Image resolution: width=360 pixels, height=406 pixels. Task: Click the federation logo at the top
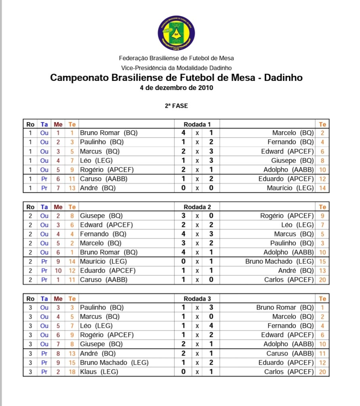pyautogui.click(x=176, y=33)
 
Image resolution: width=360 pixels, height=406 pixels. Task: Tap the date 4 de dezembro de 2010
pyautogui.click(x=176, y=88)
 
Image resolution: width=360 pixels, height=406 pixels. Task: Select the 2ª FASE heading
pyautogui.click(x=176, y=106)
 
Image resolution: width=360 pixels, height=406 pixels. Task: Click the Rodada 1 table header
pyautogui.click(x=197, y=124)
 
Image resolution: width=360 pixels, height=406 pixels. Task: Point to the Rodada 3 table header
pyautogui.click(x=197, y=299)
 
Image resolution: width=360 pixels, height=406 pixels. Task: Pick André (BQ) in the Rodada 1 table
pyautogui.click(x=98, y=188)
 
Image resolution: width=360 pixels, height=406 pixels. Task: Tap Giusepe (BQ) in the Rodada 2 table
pyautogui.click(x=101, y=216)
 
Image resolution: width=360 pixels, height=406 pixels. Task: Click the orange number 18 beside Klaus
pyautogui.click(x=72, y=372)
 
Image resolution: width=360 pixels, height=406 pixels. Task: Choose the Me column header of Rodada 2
pyautogui.click(x=58, y=207)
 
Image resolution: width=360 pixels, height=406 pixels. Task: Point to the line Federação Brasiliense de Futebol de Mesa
pyautogui.click(x=176, y=58)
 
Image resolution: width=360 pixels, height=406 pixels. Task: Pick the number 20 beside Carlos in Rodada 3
pyautogui.click(x=322, y=372)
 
